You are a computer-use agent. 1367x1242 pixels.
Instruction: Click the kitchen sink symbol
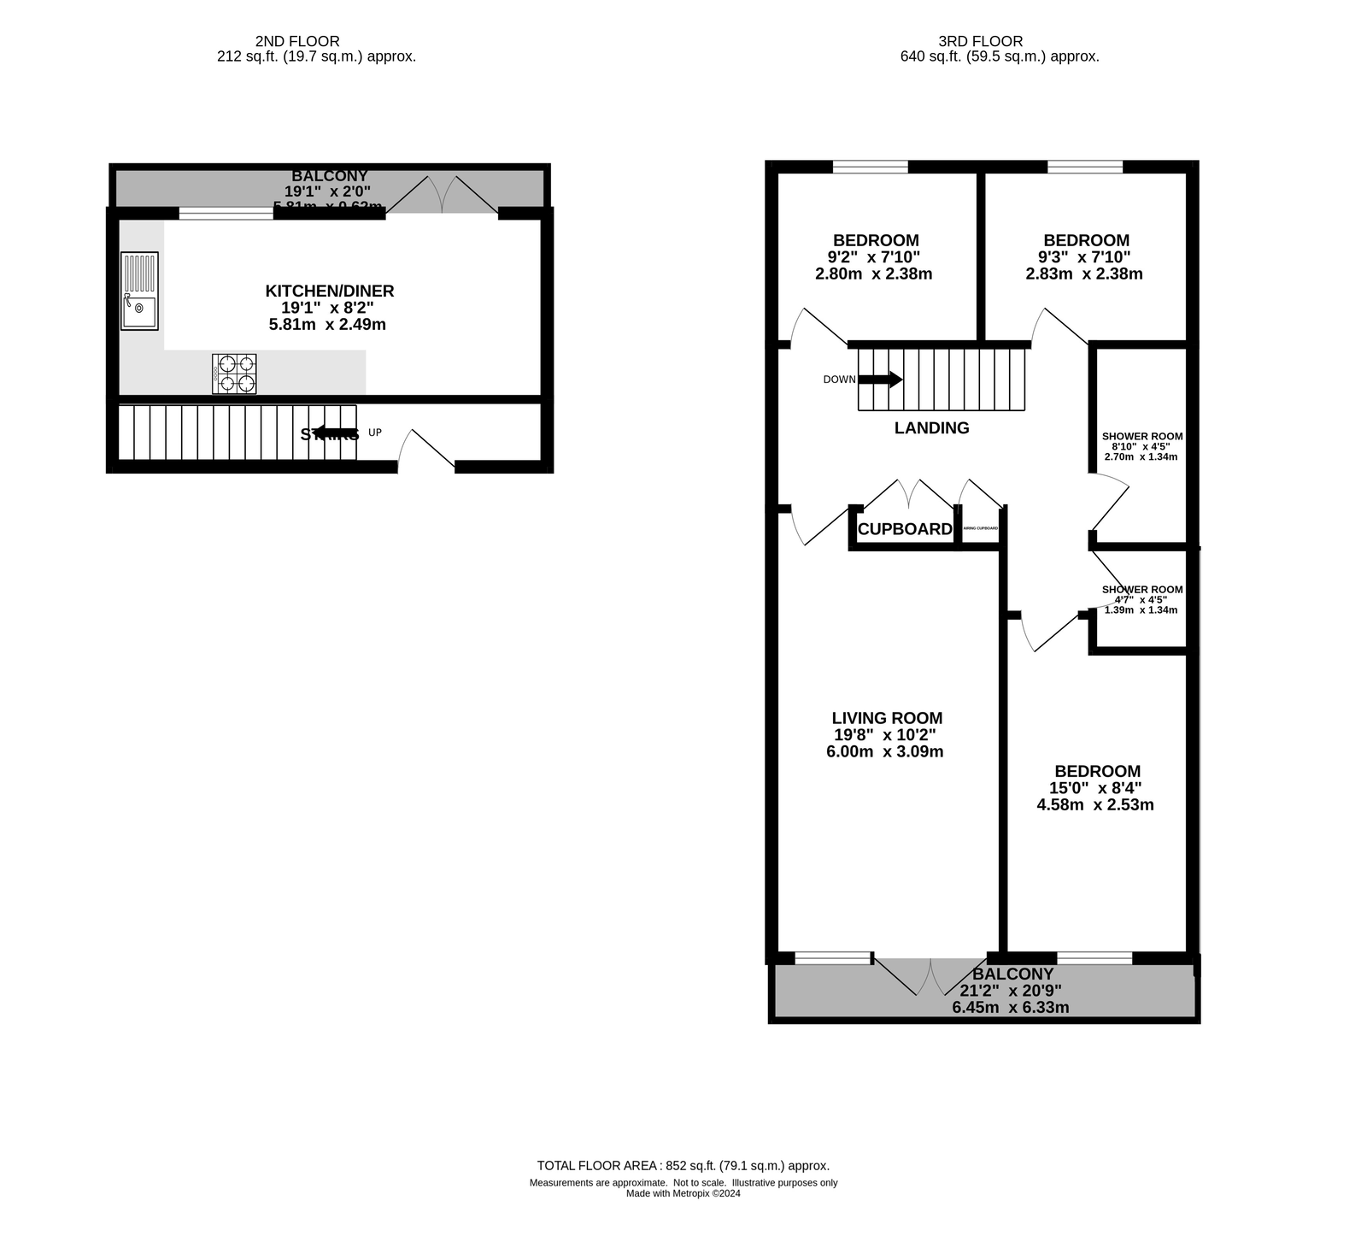click(139, 291)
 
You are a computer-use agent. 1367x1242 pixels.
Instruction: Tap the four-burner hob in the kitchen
click(234, 374)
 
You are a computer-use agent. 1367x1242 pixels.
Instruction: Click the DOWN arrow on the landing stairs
click(880, 380)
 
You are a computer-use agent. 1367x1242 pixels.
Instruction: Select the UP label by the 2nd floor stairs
click(374, 433)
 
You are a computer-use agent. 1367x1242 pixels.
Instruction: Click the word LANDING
click(931, 428)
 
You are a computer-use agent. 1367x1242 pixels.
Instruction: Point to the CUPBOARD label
click(904, 529)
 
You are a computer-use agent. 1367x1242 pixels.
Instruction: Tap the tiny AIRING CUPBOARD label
click(980, 529)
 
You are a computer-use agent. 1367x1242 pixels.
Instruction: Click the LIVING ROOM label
click(887, 718)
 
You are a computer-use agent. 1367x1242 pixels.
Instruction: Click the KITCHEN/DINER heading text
click(330, 291)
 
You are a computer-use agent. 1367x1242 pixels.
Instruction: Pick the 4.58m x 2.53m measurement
click(1094, 804)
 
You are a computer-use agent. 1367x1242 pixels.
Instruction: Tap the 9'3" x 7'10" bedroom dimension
click(1083, 257)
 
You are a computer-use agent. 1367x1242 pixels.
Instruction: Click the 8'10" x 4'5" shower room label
click(1141, 446)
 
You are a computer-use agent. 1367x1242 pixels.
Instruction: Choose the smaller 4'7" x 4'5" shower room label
click(1141, 599)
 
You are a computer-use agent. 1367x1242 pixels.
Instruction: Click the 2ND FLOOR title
click(297, 41)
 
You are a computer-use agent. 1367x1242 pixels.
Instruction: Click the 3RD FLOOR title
click(980, 41)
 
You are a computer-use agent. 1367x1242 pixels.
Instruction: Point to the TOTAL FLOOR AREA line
click(683, 1165)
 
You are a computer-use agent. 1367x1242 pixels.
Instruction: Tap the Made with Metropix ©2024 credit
click(683, 1194)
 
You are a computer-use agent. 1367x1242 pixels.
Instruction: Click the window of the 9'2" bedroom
click(870, 167)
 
